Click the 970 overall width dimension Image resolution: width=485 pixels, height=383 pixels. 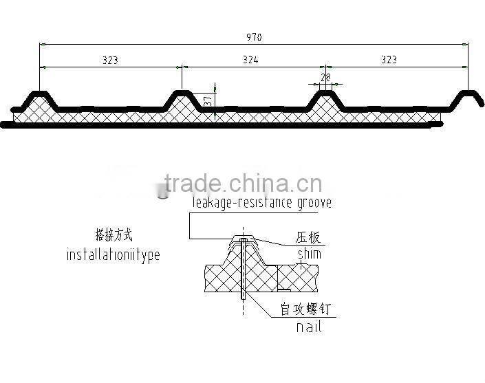click(x=253, y=37)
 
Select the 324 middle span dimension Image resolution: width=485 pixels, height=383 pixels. click(x=250, y=60)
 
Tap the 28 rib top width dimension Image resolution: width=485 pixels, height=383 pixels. click(x=325, y=78)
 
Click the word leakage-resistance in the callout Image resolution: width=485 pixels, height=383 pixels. click(x=235, y=203)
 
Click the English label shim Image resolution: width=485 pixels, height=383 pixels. click(x=309, y=254)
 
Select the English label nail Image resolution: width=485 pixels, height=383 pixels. click(x=309, y=327)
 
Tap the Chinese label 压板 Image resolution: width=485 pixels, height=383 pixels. click(x=309, y=239)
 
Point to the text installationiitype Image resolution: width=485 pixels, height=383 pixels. click(x=113, y=255)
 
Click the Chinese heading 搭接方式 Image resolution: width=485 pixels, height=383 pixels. click(x=113, y=235)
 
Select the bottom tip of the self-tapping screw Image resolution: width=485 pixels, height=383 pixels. click(x=243, y=300)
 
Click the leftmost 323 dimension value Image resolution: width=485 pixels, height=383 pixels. click(x=110, y=60)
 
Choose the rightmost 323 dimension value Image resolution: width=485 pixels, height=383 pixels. click(x=389, y=60)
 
